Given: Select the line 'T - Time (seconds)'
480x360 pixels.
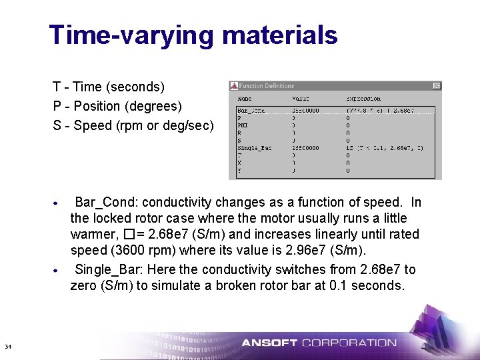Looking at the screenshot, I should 109,87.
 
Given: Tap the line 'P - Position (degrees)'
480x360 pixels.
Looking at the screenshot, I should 117,106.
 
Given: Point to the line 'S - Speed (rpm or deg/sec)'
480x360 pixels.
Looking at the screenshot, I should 133,125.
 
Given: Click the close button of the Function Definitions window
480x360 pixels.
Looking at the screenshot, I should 437,86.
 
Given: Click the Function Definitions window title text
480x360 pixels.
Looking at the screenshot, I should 267,86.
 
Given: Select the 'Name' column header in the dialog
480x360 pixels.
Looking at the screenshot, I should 245,99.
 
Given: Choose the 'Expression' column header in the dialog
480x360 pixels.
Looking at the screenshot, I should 363,99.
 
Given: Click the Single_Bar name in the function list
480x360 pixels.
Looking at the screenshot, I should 255,147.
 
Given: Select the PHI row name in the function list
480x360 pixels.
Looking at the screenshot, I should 243,123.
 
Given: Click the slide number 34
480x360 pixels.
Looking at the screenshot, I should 8,347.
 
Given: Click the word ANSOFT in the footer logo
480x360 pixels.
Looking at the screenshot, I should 269,343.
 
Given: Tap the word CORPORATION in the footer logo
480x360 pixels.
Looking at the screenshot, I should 349,343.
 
